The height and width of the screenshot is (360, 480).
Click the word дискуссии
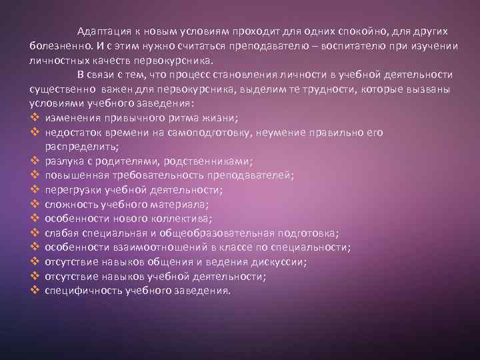click(276, 262)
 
